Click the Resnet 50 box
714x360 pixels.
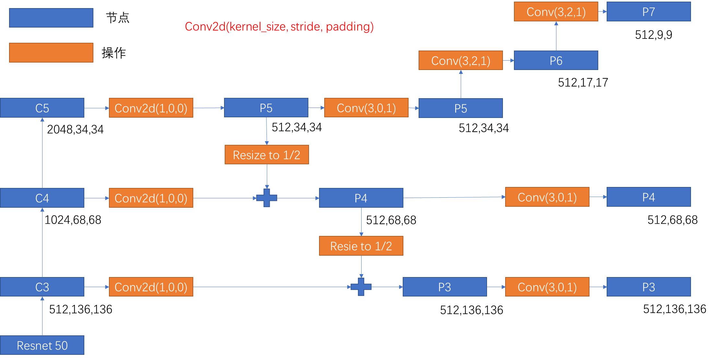42,345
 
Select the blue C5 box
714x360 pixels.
42,108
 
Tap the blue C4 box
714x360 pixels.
42,198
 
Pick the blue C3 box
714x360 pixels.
42,287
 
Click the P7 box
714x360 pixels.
649,12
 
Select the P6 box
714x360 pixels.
556,61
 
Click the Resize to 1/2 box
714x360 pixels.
267,155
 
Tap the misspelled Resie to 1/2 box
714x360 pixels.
361,246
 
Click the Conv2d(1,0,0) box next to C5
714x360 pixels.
151,108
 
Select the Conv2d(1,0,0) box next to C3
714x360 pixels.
151,287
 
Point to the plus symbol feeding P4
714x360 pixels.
267,198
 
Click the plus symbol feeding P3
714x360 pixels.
361,287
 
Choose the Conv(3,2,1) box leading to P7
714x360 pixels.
556,12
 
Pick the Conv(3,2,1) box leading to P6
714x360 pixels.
460,61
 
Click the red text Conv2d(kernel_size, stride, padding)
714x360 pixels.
279,27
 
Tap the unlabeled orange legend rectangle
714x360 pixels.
51,52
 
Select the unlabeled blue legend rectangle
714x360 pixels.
51,18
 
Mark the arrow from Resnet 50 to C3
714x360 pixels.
42,316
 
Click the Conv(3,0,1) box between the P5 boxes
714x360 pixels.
366,108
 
